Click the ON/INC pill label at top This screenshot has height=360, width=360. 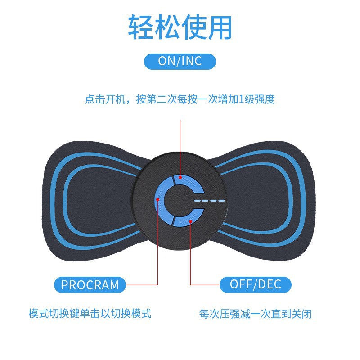[x=180, y=61]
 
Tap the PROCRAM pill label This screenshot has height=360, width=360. [x=90, y=285]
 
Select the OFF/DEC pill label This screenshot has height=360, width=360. [x=255, y=284]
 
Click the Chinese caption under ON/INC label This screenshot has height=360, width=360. [x=180, y=99]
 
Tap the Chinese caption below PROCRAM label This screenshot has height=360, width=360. [x=90, y=313]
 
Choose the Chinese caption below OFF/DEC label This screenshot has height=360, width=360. [x=255, y=313]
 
